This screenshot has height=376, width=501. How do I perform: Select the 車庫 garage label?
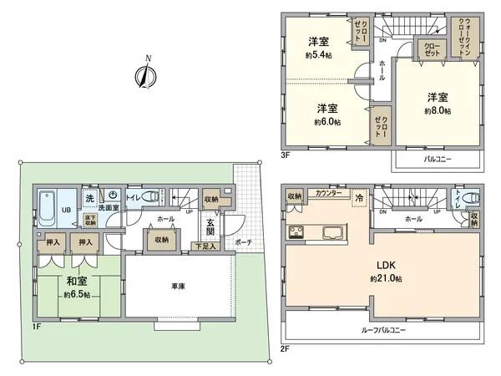coord(177,286)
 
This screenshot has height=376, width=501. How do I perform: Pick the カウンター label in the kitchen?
coord(327,193)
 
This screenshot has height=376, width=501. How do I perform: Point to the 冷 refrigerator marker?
coord(359,199)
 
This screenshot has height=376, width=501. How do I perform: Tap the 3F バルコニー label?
coord(438,157)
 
